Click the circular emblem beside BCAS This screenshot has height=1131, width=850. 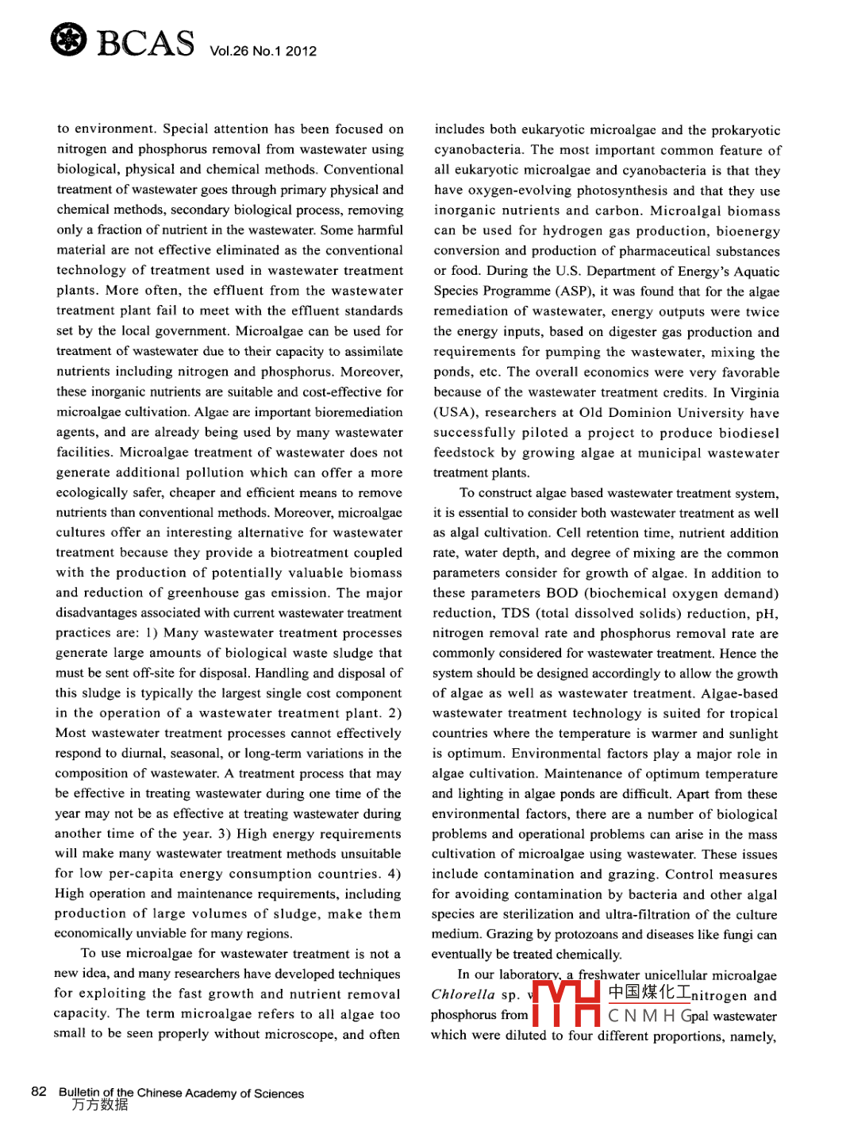click(x=68, y=40)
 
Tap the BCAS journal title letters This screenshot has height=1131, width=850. click(x=145, y=43)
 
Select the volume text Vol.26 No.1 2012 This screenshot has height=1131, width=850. click(x=263, y=52)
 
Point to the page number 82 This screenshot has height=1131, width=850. click(x=39, y=1091)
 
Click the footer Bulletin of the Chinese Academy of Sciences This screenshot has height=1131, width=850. click(x=181, y=1093)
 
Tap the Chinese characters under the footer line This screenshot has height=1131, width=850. click(x=99, y=1105)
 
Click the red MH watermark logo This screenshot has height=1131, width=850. click(x=566, y=1005)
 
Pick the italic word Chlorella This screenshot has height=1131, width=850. click(x=463, y=994)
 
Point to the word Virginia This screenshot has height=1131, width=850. click(x=755, y=392)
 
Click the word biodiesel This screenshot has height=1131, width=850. click(x=749, y=433)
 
